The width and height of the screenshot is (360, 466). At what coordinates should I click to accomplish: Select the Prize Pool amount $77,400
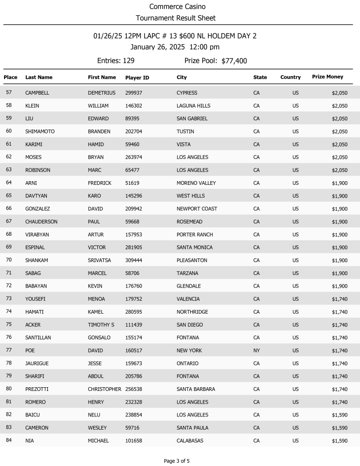pyautogui.click(x=234, y=61)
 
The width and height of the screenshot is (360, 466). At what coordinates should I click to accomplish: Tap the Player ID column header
pyautogui.click(x=137, y=78)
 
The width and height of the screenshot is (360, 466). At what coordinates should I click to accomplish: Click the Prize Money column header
pyautogui.click(x=327, y=77)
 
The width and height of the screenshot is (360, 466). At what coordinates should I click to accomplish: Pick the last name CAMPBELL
pyautogui.click(x=37, y=93)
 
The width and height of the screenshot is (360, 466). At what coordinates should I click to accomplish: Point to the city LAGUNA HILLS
pyautogui.click(x=193, y=106)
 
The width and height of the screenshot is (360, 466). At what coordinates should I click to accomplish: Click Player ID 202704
pyautogui.click(x=134, y=132)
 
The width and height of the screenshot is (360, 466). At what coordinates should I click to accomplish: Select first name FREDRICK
pyautogui.click(x=99, y=183)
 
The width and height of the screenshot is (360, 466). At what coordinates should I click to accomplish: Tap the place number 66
pyautogui.click(x=9, y=208)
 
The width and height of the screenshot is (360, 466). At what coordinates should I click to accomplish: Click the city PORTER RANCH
pyautogui.click(x=194, y=235)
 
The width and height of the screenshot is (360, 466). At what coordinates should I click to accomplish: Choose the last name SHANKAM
pyautogui.click(x=36, y=260)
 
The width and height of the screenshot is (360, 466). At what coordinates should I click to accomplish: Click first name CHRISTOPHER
pyautogui.click(x=104, y=390)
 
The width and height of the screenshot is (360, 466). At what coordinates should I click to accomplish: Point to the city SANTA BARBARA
pyautogui.click(x=196, y=390)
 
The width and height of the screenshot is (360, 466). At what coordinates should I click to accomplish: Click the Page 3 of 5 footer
pyautogui.click(x=177, y=461)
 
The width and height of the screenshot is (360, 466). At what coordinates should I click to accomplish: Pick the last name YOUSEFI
pyautogui.click(x=35, y=299)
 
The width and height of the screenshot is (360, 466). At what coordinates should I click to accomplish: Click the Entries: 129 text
pyautogui.click(x=116, y=61)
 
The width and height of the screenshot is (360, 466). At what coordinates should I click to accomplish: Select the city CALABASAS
pyautogui.click(x=190, y=441)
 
